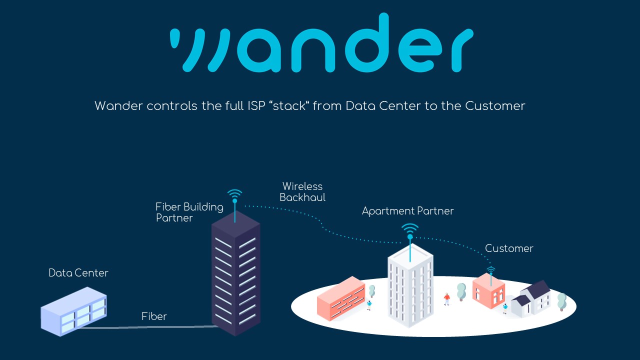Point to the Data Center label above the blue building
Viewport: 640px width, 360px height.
pyautogui.click(x=78, y=273)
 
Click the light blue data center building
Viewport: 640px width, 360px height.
pyautogui.click(x=74, y=310)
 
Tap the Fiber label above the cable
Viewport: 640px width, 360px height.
pyautogui.click(x=154, y=316)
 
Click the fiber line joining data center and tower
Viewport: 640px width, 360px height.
pyautogui.click(x=150, y=327)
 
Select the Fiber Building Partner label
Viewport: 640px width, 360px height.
pyautogui.click(x=189, y=212)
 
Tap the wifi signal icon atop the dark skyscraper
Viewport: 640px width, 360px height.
pyautogui.click(x=234, y=194)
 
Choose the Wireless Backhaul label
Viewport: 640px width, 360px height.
pyautogui.click(x=302, y=192)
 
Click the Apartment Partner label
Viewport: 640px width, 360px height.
pyautogui.click(x=407, y=211)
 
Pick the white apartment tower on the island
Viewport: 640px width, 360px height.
pyautogui.click(x=410, y=287)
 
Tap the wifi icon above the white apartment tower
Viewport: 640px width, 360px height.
pyautogui.click(x=410, y=229)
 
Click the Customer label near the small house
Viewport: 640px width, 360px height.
pyautogui.click(x=509, y=248)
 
